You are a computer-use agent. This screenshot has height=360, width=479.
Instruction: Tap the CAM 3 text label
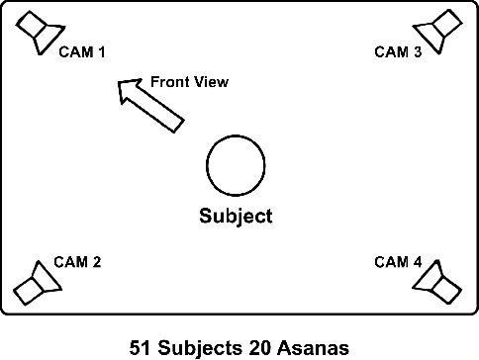pyautogui.click(x=398, y=52)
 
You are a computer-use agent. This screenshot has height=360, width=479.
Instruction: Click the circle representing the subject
pyautogui.click(x=236, y=164)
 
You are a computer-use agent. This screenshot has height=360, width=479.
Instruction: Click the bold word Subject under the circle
pyautogui.click(x=236, y=216)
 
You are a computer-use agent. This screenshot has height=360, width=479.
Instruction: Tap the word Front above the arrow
pyautogui.click(x=169, y=82)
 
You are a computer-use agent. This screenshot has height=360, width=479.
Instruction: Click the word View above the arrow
pyautogui.click(x=211, y=82)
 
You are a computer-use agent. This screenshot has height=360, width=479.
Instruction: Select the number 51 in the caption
pyautogui.click(x=140, y=347)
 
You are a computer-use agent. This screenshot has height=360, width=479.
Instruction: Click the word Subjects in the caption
pyautogui.click(x=197, y=347)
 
